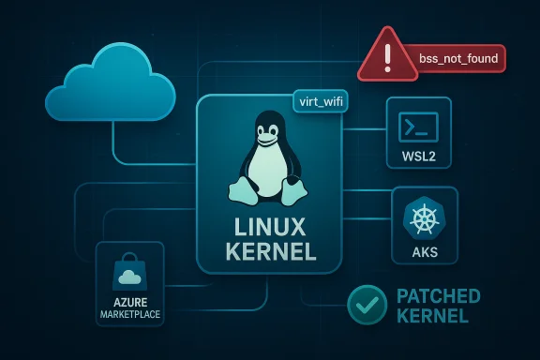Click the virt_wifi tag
(320, 101)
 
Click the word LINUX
(269, 229)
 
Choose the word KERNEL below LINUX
(269, 252)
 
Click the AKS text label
(424, 253)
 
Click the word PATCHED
(438, 296)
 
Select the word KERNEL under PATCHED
(431, 317)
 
